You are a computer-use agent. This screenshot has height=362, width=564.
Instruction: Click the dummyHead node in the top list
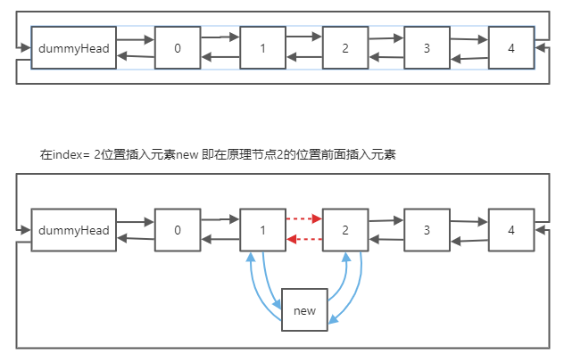(74, 48)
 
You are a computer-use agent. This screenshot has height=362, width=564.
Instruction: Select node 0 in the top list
(178, 48)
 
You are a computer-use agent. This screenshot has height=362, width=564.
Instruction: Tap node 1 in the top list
(263, 48)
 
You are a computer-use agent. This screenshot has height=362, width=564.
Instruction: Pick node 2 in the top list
(345, 48)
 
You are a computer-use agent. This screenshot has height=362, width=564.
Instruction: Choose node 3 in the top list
(427, 48)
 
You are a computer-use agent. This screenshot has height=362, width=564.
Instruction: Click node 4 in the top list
(511, 48)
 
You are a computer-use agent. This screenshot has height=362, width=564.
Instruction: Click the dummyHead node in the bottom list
(74, 230)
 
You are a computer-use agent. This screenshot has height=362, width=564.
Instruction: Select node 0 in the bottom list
(178, 230)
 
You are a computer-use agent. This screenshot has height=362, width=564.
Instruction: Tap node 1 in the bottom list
(263, 230)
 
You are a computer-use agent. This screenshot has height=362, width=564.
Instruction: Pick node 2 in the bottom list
(345, 230)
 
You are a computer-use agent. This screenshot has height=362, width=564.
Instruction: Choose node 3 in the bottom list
(427, 230)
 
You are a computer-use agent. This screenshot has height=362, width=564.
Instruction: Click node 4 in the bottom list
(511, 230)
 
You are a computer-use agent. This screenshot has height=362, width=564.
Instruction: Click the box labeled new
(304, 310)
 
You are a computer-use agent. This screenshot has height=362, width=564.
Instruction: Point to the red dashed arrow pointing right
(303, 218)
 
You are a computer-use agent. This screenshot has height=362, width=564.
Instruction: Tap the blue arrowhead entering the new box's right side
(332, 320)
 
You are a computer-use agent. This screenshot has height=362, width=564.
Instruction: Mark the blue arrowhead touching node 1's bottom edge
(250, 256)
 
